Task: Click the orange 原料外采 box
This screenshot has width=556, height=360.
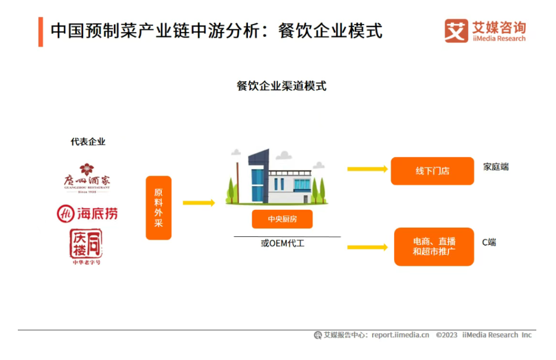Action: point(158,208)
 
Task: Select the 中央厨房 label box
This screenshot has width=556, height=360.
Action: point(282,219)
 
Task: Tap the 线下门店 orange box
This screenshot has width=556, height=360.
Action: point(432,170)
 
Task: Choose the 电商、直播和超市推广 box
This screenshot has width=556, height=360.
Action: point(434,246)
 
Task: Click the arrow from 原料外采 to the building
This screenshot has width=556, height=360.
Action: point(198,202)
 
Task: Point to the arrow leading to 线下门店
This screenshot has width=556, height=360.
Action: point(367,169)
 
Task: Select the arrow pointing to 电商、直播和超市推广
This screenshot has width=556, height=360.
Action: point(367,247)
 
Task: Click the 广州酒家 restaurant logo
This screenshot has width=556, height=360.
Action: point(87,178)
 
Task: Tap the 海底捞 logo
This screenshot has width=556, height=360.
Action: point(87,214)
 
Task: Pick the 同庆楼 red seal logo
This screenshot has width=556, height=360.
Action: point(86,247)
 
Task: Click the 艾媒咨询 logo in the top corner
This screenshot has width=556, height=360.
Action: point(485,30)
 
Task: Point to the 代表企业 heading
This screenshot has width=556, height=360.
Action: point(88,142)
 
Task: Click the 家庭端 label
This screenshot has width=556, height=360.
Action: point(496,167)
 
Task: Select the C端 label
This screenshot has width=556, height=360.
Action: point(489,242)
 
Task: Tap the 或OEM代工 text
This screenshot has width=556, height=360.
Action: point(283,243)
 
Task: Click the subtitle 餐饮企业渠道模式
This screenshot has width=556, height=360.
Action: point(282,86)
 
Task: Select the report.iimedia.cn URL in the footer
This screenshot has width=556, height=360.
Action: point(400,335)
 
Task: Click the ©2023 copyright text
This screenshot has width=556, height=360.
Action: point(447,335)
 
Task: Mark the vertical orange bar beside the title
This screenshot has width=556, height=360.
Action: point(41,31)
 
